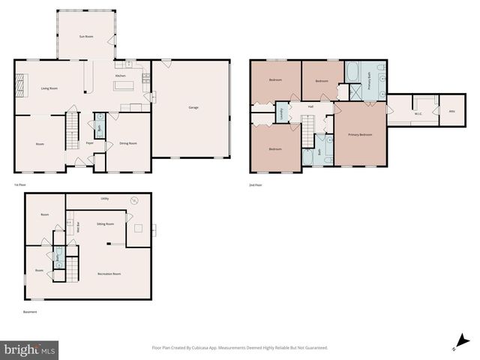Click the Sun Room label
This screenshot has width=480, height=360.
coord(86,36)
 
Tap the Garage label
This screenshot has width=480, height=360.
coord(193,108)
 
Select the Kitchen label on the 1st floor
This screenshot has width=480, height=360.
coord(120,76)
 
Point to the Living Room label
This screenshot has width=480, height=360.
coord(49,89)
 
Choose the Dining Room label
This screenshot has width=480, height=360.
coord(128,143)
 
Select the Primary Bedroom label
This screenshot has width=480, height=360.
coord(360,134)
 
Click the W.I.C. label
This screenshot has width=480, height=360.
coord(419,112)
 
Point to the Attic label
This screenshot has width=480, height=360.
coord(451,112)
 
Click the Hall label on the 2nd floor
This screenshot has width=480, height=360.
coord(310,106)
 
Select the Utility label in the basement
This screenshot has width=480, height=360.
coord(105,199)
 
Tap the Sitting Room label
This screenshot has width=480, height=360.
coord(105,223)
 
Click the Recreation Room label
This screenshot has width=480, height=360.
coord(109,274)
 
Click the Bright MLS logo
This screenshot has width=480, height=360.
coord(30,349)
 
